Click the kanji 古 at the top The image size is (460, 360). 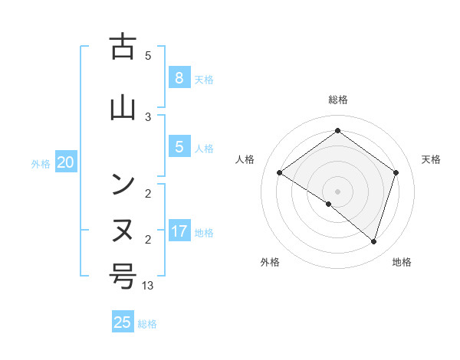click(123, 47)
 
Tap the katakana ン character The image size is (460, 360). click(123, 184)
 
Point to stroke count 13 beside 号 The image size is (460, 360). click(148, 286)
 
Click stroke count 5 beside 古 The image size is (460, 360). click(148, 55)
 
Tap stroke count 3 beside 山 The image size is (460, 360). click(148, 116)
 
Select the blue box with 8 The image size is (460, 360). click(179, 77)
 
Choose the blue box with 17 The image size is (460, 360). click(179, 231)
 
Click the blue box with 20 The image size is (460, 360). click(66, 162)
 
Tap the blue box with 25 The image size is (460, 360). click(123, 322)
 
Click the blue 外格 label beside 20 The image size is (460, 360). click(41, 163)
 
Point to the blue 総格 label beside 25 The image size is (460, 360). click(148, 324)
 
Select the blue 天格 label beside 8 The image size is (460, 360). click(204, 79)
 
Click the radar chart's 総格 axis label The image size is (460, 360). click(337, 100)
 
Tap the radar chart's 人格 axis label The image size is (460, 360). click(245, 159)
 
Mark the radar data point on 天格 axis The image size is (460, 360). click(396, 172)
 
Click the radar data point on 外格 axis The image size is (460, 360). click(329, 204)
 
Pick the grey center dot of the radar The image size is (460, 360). click(337, 191)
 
